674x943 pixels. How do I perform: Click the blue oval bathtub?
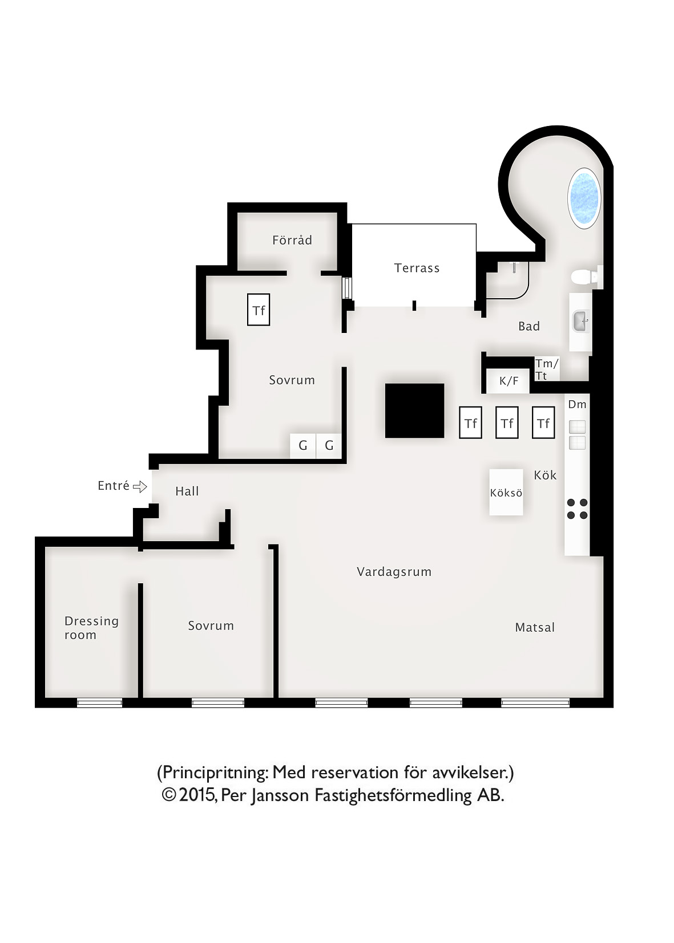pos(584,198)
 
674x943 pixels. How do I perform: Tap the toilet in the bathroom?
pos(586,277)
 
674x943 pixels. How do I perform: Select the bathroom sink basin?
pos(582,321)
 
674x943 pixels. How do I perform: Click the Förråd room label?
pos(292,241)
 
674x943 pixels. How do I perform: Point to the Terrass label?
pos(417,268)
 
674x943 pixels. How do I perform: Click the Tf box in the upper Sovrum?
pos(259,310)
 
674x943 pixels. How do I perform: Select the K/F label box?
pos(508,381)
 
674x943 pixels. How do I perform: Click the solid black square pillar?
pos(414,410)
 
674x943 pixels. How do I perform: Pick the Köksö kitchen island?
pos(506,492)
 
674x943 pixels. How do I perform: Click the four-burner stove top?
pos(577,509)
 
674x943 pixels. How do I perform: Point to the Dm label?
pos(577,405)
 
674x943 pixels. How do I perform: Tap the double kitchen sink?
pos(577,435)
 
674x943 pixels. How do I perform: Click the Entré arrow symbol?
pos(140,487)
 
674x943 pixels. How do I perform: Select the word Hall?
pos(187,491)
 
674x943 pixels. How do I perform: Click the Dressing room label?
pos(91,628)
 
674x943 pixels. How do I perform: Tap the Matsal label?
pos(535,628)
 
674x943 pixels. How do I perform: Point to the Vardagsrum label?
pos(394,572)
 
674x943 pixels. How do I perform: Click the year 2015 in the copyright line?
pos(197,795)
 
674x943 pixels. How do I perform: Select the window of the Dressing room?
pos(99,702)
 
